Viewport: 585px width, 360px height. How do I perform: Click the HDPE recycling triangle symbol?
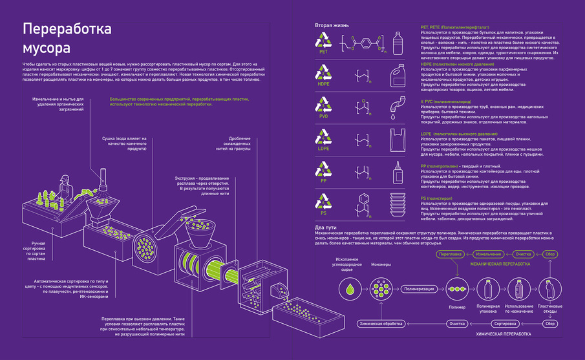tap(323, 74)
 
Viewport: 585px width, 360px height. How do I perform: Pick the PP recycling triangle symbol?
tap(323, 169)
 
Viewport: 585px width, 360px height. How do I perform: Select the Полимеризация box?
tap(420, 289)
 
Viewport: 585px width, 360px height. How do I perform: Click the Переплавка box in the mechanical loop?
tap(451, 255)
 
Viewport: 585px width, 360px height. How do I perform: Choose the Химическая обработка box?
tap(381, 323)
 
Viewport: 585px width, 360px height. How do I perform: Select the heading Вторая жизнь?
tap(332, 25)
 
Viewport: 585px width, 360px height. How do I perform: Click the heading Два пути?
tap(326, 227)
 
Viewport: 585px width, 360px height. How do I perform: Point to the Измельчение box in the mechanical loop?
tap(490, 255)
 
